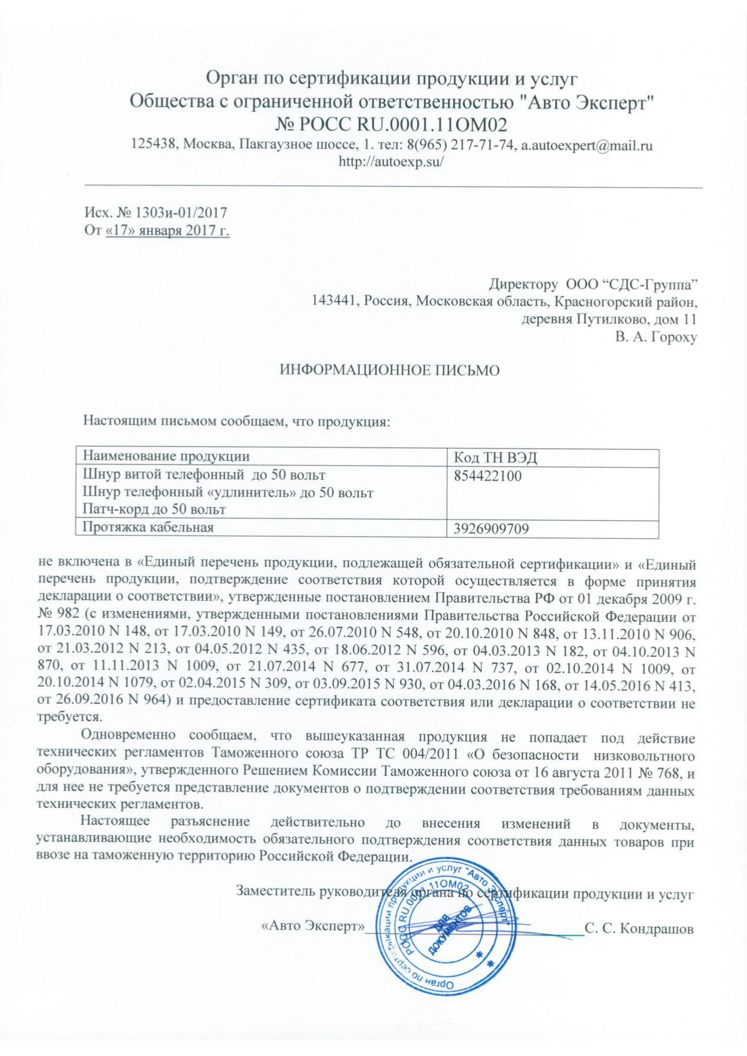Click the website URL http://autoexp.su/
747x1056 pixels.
click(x=391, y=161)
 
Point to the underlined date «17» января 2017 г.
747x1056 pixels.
click(x=167, y=230)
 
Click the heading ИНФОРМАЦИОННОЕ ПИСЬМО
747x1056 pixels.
click(x=390, y=370)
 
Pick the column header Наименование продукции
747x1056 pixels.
click(x=166, y=456)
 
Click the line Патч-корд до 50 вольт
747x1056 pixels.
click(x=154, y=509)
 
